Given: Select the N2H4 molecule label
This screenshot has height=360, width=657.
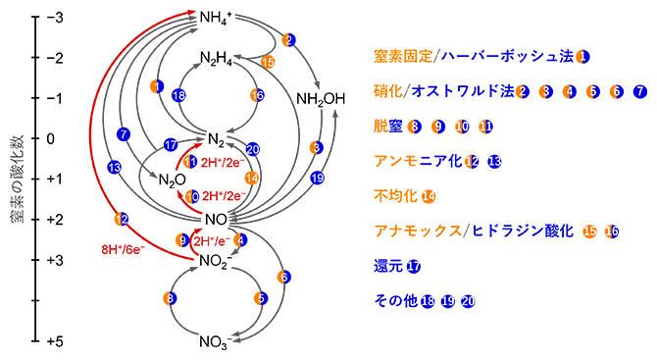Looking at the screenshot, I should click(x=217, y=58).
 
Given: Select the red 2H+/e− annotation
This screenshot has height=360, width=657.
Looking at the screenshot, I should click(x=214, y=240).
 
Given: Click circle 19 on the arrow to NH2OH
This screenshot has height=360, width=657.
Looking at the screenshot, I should click(x=317, y=179).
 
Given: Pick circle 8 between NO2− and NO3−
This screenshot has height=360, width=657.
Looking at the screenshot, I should click(x=171, y=297).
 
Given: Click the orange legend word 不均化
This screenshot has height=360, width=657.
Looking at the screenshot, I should click(x=396, y=195).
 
